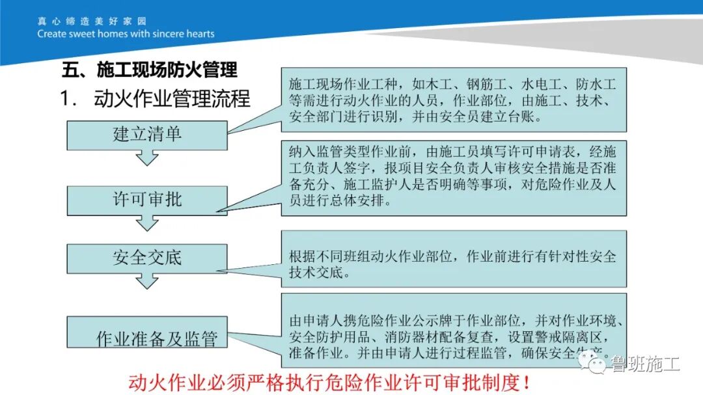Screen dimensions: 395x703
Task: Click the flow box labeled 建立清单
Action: pos(147,135)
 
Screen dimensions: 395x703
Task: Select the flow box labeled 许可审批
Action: pos(147,200)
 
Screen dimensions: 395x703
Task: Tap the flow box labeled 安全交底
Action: pos(147,258)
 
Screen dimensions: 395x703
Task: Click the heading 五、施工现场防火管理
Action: pos(149,69)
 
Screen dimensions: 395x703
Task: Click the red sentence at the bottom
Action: pos(329,381)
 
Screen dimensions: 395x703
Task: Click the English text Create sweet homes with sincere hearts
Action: pos(126,34)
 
